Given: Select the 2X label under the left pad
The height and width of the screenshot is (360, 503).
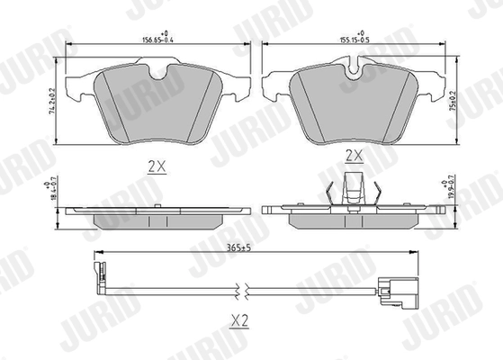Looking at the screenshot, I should pyautogui.click(x=156, y=166).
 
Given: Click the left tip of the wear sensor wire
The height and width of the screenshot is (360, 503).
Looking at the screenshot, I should pyautogui.click(x=95, y=266).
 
